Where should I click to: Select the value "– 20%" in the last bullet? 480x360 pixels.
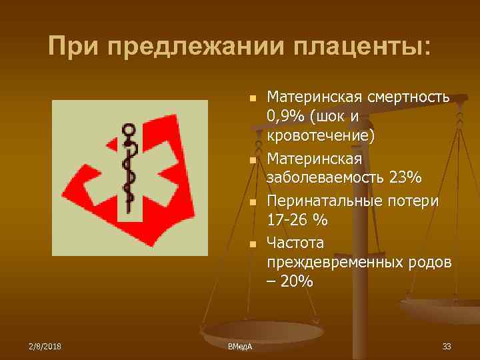pyautogui.click(x=289, y=281)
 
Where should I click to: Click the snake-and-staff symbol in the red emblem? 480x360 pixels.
pyautogui.click(x=129, y=170)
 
